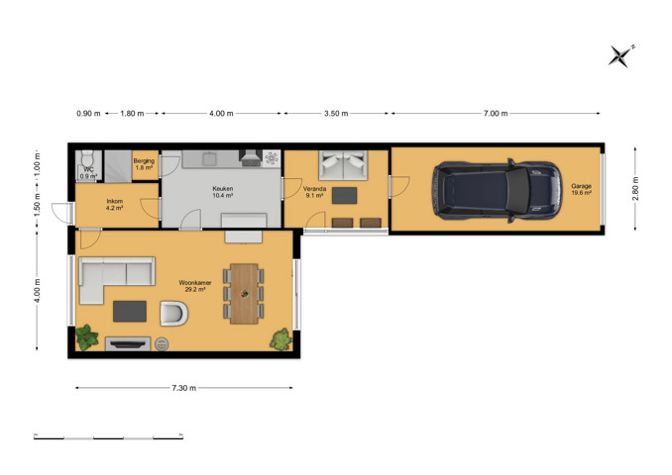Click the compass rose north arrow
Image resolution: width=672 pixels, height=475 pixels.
[x=621, y=56]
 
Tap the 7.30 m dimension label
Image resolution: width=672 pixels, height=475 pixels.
[x=183, y=388]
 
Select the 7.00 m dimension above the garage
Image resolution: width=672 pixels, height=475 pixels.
[x=496, y=114]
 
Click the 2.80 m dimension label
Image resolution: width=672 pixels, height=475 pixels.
[x=635, y=188]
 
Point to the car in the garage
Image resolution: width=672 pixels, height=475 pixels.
[x=498, y=190]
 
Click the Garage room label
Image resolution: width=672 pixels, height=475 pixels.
[x=581, y=189]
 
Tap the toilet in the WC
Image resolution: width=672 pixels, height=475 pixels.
[x=87, y=158]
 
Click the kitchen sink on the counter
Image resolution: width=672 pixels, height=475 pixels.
[x=209, y=158]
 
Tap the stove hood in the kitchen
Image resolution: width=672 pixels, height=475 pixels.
[x=251, y=158]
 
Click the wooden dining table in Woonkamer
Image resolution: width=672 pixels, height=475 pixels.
[x=244, y=294]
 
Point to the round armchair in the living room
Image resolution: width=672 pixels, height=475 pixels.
[x=174, y=314]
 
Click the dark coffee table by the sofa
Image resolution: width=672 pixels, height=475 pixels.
[x=130, y=311]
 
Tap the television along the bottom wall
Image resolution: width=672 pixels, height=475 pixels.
[x=128, y=343]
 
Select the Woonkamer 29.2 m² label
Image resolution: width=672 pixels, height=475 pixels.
[x=195, y=286]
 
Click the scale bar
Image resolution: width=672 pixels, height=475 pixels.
[x=108, y=437]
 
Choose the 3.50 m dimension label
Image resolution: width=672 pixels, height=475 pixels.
[x=336, y=114]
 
